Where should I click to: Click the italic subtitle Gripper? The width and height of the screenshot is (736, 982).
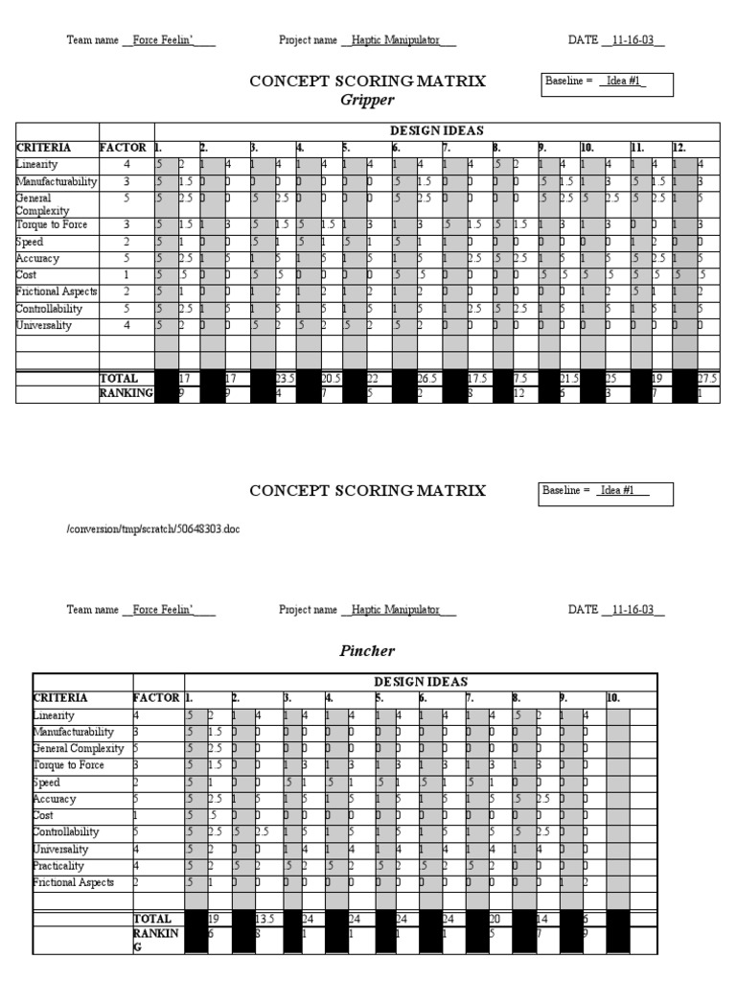tap(368, 100)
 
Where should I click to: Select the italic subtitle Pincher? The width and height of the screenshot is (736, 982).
tap(368, 650)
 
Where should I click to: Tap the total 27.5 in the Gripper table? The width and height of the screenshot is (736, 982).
tap(707, 379)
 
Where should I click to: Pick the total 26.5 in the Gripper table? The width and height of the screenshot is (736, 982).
tap(426, 379)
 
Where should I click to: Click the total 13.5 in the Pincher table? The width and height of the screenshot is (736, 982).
tap(265, 918)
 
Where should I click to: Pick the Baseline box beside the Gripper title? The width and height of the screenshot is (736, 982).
tap(608, 84)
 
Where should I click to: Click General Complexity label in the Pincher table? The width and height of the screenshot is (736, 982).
tap(78, 749)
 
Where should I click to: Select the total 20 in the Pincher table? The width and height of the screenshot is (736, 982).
tap(495, 918)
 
